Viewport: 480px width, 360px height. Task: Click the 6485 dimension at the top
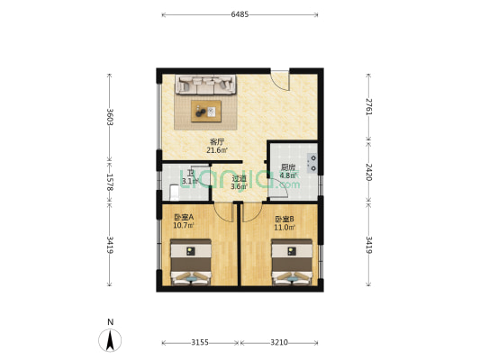240,14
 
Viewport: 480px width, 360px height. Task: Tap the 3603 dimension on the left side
110,117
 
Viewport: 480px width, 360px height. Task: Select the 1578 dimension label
110,183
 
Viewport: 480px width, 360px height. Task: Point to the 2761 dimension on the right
369,107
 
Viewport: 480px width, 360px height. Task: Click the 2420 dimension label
369,172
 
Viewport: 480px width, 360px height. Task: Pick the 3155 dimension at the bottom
200,342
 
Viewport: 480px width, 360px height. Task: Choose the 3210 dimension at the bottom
279,342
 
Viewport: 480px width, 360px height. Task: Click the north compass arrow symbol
110,340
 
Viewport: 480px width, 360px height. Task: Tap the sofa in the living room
205,84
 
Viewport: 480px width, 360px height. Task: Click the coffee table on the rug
206,112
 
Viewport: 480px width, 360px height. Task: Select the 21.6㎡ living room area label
217,150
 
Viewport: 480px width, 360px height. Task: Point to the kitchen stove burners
312,163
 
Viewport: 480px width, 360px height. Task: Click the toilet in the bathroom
174,192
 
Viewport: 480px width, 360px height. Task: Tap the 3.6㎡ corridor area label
239,186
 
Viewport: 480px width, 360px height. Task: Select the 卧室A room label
184,217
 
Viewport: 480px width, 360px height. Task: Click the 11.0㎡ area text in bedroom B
285,228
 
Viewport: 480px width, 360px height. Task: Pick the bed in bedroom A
191,262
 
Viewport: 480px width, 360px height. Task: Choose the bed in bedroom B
292,262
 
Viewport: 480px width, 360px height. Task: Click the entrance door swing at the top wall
281,80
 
